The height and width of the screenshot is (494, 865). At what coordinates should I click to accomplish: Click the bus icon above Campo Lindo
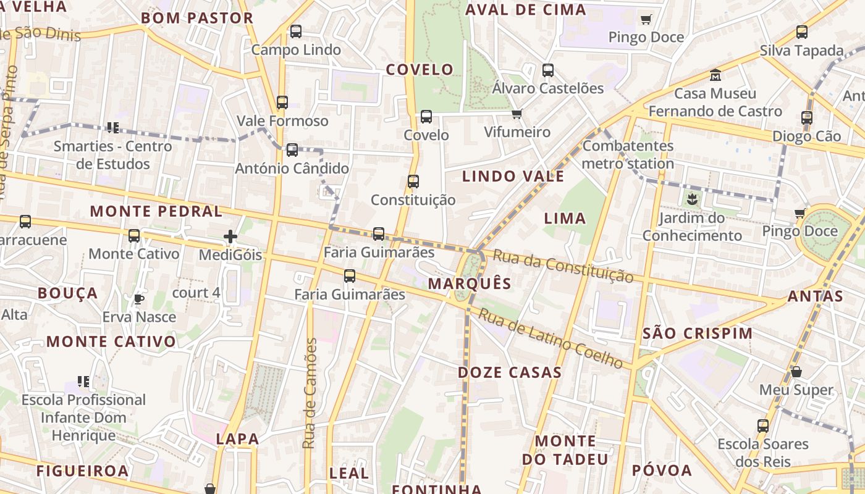tap(296, 31)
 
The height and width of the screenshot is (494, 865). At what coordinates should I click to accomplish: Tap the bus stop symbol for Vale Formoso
tap(282, 103)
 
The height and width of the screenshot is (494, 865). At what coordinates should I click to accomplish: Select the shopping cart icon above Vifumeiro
tap(517, 114)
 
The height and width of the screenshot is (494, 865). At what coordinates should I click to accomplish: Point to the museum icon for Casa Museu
tap(715, 75)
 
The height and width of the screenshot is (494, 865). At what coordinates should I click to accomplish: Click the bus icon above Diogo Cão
tap(807, 118)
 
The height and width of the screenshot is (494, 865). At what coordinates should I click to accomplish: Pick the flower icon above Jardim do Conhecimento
tap(691, 199)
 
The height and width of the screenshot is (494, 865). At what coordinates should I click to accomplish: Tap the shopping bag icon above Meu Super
tap(796, 372)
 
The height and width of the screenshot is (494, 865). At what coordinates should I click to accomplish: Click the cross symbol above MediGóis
tap(230, 237)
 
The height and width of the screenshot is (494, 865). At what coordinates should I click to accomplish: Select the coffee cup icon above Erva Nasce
tap(139, 299)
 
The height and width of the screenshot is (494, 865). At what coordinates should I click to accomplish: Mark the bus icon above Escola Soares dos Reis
tap(763, 426)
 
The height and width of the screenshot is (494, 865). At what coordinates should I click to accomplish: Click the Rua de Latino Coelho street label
tap(551, 338)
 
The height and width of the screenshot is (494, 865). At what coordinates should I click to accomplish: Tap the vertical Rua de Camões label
tap(310, 393)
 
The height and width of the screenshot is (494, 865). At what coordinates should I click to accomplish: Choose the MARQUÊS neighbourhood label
tap(470, 283)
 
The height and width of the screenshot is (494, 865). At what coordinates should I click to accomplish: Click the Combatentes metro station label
tap(628, 155)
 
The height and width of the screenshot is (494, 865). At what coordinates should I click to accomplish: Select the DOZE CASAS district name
tap(510, 372)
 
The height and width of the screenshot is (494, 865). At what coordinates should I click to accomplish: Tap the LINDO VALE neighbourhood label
tap(513, 176)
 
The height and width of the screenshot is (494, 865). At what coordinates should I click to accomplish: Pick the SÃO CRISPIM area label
tap(698, 333)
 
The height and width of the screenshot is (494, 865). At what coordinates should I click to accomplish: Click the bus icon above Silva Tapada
tap(802, 32)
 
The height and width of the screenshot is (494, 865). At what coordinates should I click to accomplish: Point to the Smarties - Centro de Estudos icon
tap(112, 128)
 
